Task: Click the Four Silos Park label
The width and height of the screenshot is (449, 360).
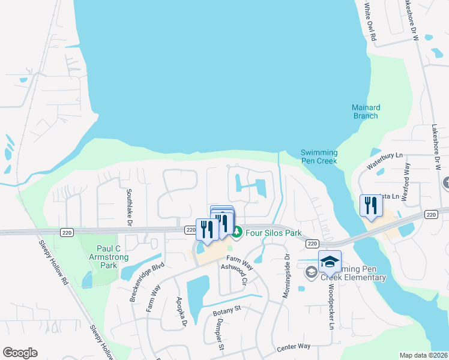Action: click(x=273, y=232)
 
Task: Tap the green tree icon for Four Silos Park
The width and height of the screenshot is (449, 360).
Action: click(x=237, y=232)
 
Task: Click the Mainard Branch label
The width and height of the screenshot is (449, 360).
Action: click(x=365, y=112)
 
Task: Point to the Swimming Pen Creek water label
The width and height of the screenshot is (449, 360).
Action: click(x=319, y=157)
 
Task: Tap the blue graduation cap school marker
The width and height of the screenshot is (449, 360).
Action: click(x=330, y=262)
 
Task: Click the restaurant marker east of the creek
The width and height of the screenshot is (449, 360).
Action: click(x=372, y=206)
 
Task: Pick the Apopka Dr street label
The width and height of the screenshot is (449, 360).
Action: click(x=182, y=311)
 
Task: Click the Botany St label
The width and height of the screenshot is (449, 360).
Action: click(x=226, y=310)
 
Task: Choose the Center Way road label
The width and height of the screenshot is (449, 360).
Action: click(x=293, y=347)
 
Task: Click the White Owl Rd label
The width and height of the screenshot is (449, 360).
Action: click(x=370, y=21)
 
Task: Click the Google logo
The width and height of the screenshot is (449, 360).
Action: click(x=20, y=353)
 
